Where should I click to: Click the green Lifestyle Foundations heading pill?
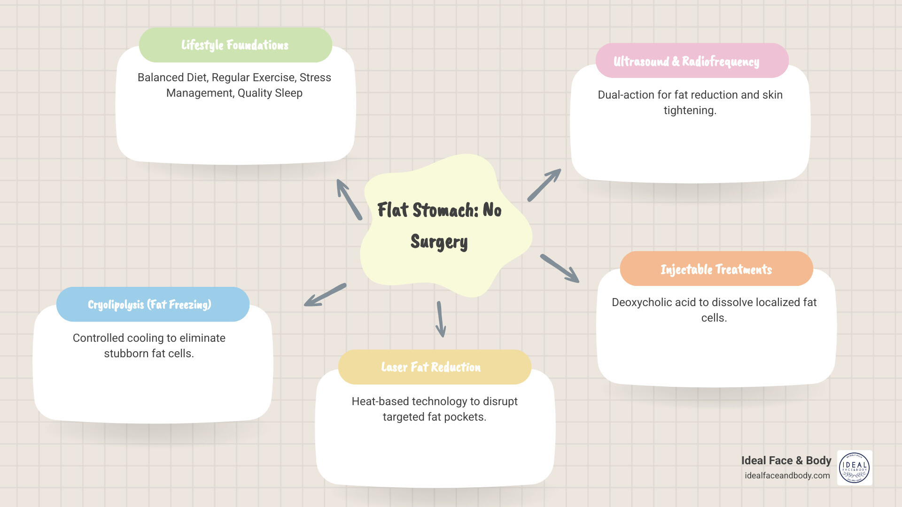point(235,45)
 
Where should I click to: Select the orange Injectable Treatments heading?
point(716,269)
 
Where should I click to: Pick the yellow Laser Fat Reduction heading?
point(431,367)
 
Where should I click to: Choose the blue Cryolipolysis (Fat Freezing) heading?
point(149,305)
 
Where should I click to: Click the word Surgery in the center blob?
point(439,242)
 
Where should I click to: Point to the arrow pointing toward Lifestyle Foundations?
point(349,199)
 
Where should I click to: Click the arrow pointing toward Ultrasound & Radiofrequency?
point(544,185)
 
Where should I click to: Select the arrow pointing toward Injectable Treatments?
point(560,269)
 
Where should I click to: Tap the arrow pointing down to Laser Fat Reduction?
point(440,319)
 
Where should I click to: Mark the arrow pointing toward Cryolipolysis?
point(325,295)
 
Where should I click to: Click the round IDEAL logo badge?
point(855,468)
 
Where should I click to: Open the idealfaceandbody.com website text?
point(787,476)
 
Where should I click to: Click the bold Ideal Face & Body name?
point(786,461)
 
